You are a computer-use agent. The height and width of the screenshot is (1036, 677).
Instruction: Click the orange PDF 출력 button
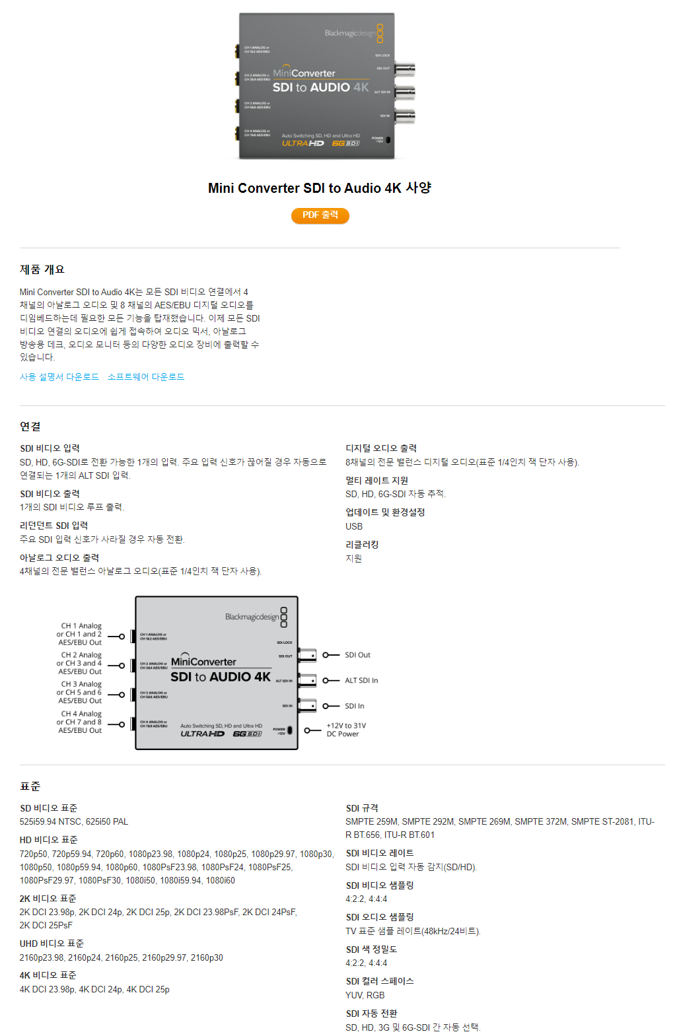click(x=320, y=215)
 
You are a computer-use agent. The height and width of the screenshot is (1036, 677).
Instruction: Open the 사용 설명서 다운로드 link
click(x=59, y=377)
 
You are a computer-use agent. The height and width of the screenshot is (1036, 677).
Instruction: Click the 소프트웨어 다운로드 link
click(x=146, y=377)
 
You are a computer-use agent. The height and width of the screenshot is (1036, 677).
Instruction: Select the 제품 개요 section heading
click(x=42, y=269)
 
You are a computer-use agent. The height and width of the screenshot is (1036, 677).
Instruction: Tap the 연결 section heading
click(x=30, y=427)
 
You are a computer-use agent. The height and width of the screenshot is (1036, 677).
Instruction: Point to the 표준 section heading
click(x=30, y=786)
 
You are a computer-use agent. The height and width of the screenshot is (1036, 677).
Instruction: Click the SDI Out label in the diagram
click(x=357, y=655)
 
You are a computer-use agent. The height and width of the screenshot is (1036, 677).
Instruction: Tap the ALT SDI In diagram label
click(x=361, y=681)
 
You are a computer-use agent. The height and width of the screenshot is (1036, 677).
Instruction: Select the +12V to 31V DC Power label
click(x=346, y=730)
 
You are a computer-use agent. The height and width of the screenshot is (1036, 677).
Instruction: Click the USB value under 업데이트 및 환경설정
click(x=354, y=526)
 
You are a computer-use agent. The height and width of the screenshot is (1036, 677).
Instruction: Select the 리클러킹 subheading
click(x=362, y=545)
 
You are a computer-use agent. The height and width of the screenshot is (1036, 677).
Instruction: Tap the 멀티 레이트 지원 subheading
click(x=376, y=481)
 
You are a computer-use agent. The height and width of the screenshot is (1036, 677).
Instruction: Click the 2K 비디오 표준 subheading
click(x=48, y=899)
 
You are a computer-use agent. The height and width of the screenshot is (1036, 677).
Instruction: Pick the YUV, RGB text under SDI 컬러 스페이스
click(x=365, y=995)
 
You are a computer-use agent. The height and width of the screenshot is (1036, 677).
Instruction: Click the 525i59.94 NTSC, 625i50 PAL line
click(x=74, y=821)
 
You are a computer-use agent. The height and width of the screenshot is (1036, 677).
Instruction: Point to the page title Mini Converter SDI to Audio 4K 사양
click(x=320, y=188)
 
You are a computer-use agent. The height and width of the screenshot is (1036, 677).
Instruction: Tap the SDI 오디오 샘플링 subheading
click(x=380, y=917)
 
